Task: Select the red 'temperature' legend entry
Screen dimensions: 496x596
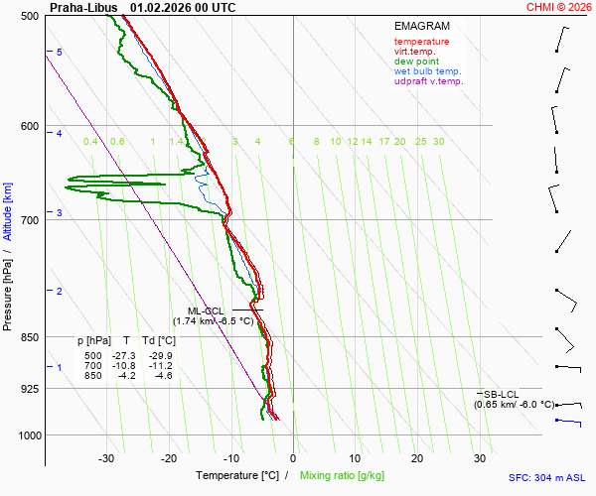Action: [421, 42]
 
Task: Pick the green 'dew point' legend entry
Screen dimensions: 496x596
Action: [415, 62]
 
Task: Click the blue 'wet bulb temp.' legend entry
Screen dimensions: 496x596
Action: [427, 71]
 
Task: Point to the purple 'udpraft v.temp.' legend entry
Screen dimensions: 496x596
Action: [428, 81]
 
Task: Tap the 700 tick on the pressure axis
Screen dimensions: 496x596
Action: [29, 219]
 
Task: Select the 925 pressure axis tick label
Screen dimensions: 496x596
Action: [29, 389]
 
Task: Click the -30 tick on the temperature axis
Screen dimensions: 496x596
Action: [106, 458]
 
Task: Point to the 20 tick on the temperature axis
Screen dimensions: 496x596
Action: [417, 458]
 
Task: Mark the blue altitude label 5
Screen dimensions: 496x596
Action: [60, 52]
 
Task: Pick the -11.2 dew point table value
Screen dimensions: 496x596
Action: [160, 365]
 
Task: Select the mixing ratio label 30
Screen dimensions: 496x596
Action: [438, 142]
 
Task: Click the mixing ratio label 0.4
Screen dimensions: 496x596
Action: [90, 142]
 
